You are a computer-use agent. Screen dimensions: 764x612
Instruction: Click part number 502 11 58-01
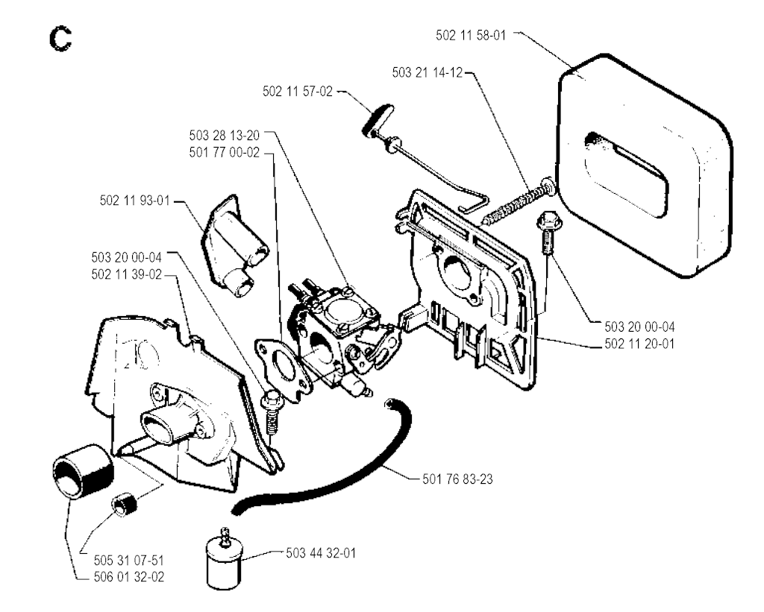(471, 35)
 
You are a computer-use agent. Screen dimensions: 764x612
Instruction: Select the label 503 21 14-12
(428, 72)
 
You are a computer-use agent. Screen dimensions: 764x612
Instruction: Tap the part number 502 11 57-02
(298, 91)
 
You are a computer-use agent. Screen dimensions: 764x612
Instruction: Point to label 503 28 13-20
(225, 135)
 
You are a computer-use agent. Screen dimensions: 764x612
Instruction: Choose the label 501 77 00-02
(225, 152)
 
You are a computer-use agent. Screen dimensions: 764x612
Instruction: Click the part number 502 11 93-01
(135, 200)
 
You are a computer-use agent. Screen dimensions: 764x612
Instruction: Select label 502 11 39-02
(127, 274)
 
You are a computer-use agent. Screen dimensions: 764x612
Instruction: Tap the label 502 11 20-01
(639, 344)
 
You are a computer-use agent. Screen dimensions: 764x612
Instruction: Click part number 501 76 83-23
(457, 479)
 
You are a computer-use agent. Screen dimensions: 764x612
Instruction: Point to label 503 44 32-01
(321, 553)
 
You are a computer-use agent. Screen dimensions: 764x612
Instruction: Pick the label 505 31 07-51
(129, 560)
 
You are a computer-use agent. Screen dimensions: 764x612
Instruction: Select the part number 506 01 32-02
(129, 577)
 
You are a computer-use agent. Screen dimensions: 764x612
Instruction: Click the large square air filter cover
(644, 165)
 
